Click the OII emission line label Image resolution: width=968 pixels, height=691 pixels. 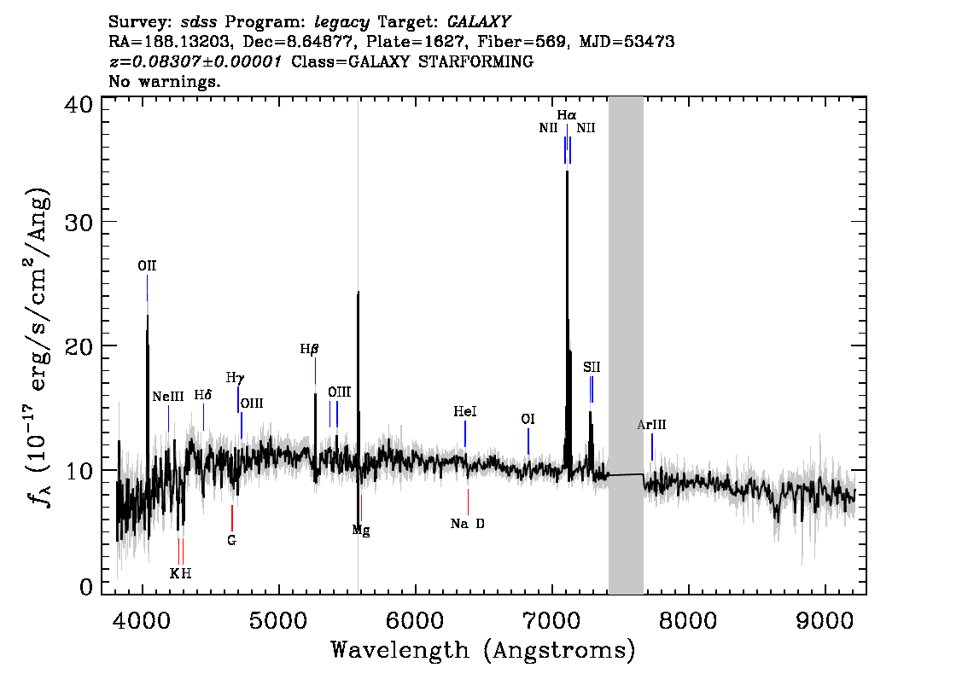[147, 266]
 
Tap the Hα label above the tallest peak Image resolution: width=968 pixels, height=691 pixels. [567, 115]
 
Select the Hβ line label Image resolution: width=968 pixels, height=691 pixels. [309, 349]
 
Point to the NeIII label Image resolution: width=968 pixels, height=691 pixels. [168, 396]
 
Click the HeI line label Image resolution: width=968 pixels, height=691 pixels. [465, 411]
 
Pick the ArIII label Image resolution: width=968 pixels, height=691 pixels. [651, 425]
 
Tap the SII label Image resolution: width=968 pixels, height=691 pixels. [592, 368]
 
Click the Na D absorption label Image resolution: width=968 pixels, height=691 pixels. [467, 524]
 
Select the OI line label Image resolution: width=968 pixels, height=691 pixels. [528, 420]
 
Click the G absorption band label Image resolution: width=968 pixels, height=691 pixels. [231, 541]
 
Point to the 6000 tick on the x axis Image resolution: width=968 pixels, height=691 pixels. [415, 620]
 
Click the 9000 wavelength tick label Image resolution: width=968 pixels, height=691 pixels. [824, 620]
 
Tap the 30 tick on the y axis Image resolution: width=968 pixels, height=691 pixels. [79, 222]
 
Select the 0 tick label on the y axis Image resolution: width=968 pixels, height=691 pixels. [86, 587]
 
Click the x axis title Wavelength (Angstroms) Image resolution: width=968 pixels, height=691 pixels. [483, 650]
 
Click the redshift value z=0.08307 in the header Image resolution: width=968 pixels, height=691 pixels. [195, 61]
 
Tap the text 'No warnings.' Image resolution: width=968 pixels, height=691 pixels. [164, 81]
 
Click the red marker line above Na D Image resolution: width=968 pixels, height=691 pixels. [468, 502]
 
